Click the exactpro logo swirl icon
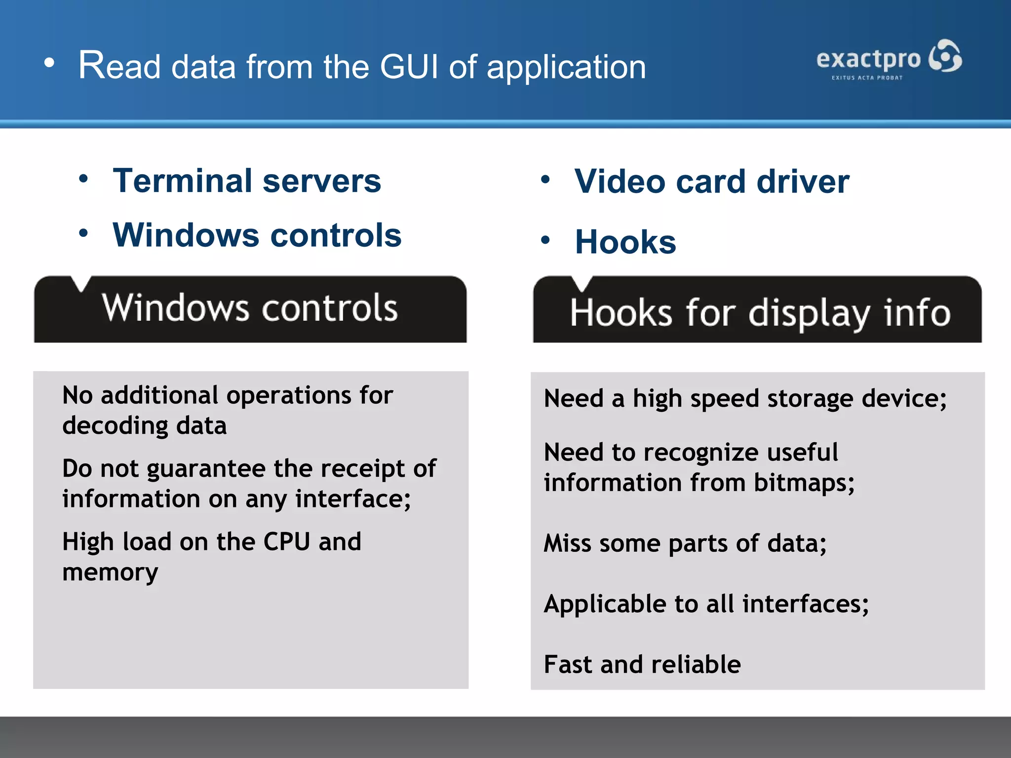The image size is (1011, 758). [945, 57]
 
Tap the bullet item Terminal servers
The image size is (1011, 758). [247, 181]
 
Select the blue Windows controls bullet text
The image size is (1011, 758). [257, 235]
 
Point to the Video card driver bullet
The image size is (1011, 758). [711, 182]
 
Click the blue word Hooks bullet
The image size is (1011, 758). [625, 242]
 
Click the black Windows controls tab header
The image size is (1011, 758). [250, 309]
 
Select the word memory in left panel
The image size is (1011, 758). [110, 572]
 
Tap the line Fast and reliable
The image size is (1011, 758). [642, 664]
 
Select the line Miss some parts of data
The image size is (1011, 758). [685, 544]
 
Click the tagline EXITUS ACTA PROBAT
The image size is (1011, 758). [867, 78]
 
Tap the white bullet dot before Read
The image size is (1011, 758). [49, 63]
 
